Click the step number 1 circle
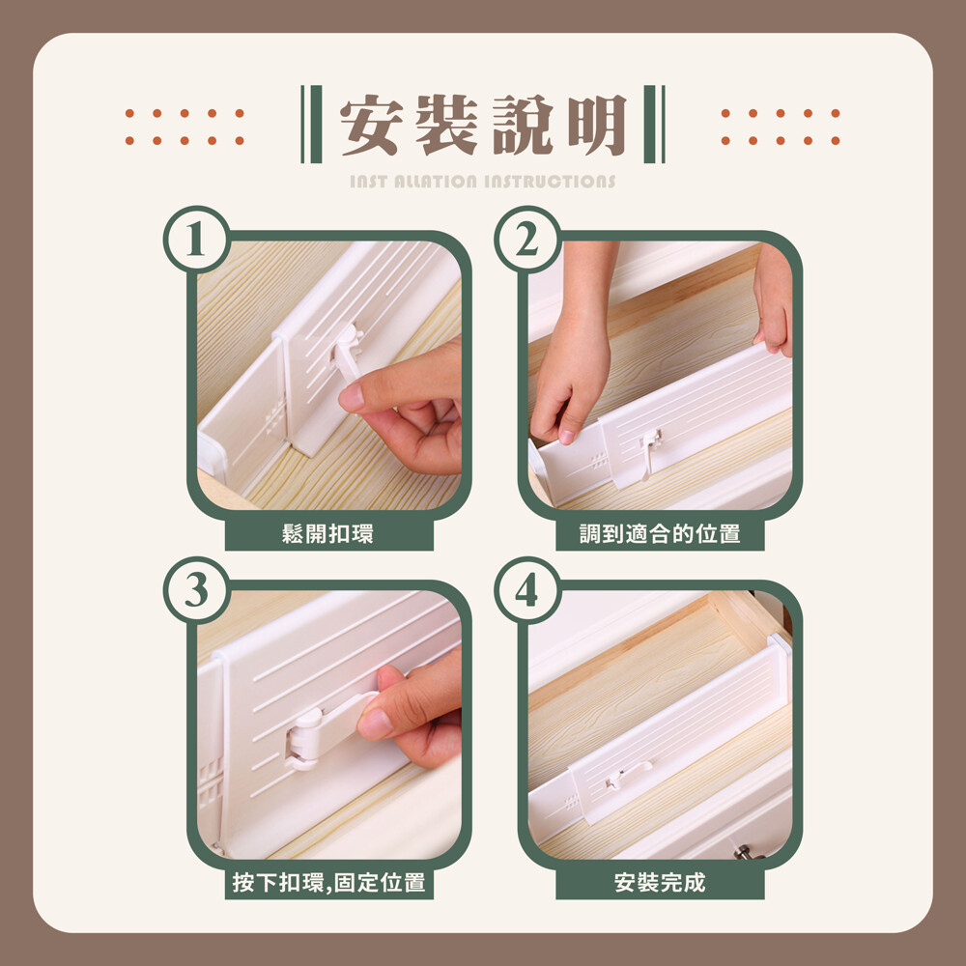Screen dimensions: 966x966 pyautogui.click(x=196, y=239)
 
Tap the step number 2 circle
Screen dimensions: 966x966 pyautogui.click(x=527, y=239)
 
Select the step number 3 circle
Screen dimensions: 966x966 pyautogui.click(x=196, y=590)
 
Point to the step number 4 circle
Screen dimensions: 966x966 pyautogui.click(x=527, y=590)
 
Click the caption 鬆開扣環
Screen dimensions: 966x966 pyautogui.click(x=327, y=533)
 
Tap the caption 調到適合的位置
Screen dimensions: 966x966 pyautogui.click(x=660, y=533)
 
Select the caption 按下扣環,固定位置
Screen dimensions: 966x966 pyautogui.click(x=329, y=882)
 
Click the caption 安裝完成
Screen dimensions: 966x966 pyautogui.click(x=660, y=882)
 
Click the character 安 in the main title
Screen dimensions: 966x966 pyautogui.click(x=371, y=125)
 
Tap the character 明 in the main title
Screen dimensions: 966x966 pyautogui.click(x=596, y=125)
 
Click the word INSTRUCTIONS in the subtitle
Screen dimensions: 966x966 pyautogui.click(x=550, y=182)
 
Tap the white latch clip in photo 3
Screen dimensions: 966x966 pyautogui.click(x=327, y=731)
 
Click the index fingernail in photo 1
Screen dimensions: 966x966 pyautogui.click(x=351, y=398)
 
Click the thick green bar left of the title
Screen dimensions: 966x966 pyautogui.click(x=316, y=124)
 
